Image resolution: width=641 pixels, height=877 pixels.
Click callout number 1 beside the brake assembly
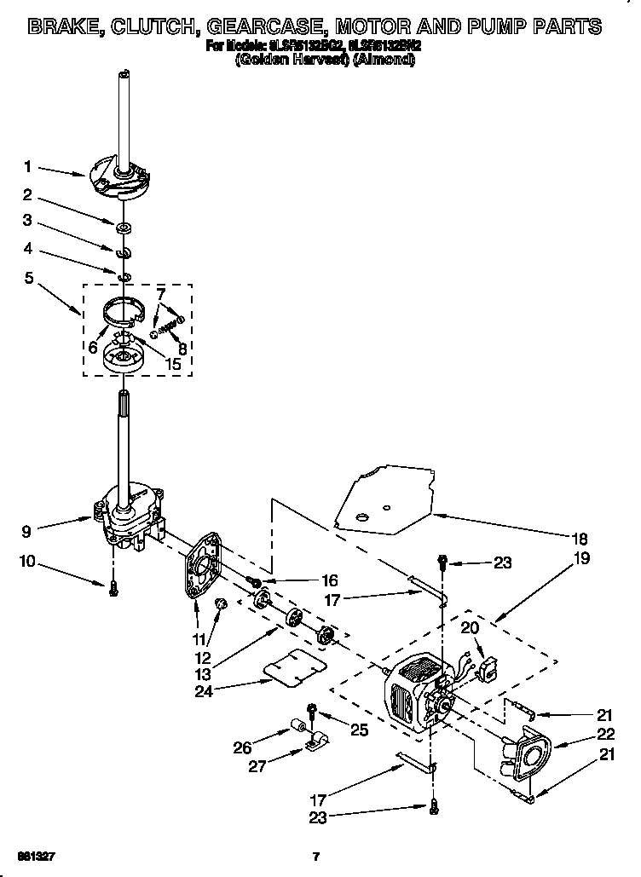[x=27, y=165]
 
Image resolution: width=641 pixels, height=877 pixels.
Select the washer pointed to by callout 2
[x=124, y=226]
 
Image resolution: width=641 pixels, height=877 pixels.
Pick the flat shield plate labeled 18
[x=384, y=503]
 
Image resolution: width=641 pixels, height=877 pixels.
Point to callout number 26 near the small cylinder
[x=243, y=748]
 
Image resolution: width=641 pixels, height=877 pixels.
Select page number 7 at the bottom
[x=316, y=856]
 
